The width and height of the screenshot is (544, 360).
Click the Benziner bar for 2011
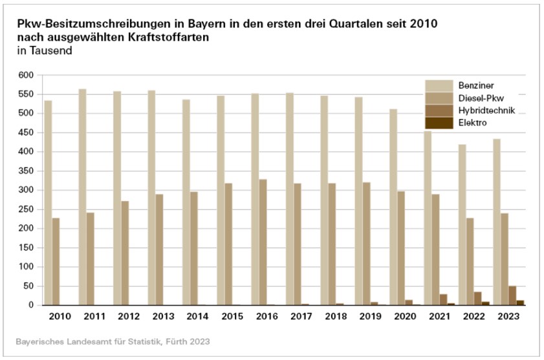[83, 196]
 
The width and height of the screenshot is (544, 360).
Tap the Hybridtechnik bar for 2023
[512, 295]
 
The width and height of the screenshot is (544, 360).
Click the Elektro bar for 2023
[520, 302]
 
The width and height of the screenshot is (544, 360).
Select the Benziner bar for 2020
[393, 207]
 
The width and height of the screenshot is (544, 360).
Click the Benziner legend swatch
[439, 85]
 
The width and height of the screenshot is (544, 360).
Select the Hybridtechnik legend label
[485, 110]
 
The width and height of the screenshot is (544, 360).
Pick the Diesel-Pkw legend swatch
[439, 98]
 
